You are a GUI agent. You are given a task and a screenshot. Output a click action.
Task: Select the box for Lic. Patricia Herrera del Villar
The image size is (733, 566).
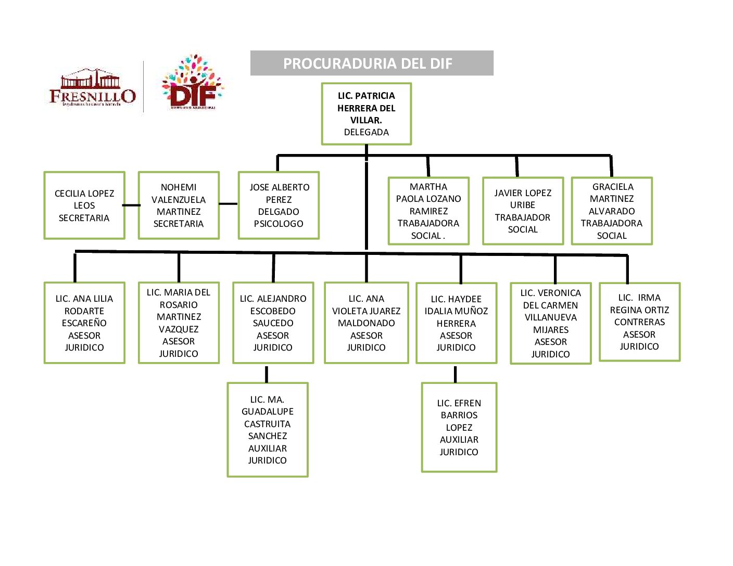[x=366, y=114]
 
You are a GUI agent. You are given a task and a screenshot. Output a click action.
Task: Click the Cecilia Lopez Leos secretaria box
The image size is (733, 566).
[x=84, y=205]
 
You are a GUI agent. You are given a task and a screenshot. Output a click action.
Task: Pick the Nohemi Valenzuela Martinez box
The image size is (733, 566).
[x=179, y=205]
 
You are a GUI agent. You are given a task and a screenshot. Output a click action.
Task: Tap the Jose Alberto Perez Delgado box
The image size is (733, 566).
[x=279, y=205]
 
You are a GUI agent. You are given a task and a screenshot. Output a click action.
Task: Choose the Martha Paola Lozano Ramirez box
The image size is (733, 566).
[x=428, y=211]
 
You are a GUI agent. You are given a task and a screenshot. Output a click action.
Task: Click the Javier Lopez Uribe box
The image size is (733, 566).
[x=523, y=211]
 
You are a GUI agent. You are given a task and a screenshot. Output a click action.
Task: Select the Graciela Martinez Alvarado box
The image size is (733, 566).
[x=612, y=211]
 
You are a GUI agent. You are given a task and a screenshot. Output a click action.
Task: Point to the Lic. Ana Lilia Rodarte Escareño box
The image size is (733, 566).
[x=84, y=323]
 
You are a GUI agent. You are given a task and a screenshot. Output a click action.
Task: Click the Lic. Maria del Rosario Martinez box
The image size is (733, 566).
[x=179, y=323]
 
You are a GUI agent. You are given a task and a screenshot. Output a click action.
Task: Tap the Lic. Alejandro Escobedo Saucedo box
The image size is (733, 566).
[x=273, y=323]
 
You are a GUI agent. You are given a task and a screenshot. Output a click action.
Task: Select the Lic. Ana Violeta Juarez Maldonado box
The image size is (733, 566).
[x=366, y=323]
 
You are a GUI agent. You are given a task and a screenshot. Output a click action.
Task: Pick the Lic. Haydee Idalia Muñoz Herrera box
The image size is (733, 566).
[x=456, y=323]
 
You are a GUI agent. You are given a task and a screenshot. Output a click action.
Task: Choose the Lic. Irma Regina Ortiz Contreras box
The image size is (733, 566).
[x=639, y=322]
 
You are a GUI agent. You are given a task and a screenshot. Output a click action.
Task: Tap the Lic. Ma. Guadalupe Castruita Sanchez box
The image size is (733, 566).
[x=268, y=430]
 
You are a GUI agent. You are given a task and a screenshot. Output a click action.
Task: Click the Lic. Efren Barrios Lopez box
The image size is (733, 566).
[x=459, y=428]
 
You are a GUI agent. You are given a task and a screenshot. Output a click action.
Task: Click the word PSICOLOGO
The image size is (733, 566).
[x=279, y=224]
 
